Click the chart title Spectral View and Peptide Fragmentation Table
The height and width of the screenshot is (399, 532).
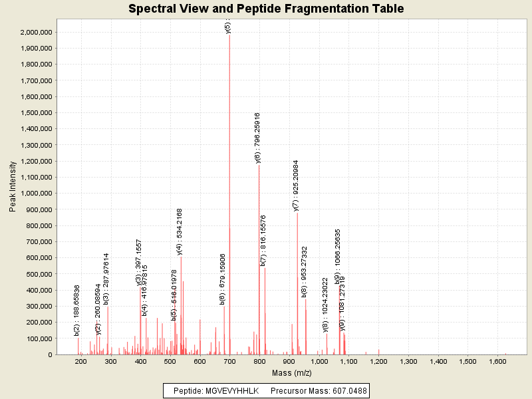[266, 9]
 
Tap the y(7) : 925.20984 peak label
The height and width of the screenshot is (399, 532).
[297, 185]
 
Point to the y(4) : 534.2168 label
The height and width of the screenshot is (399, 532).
[180, 231]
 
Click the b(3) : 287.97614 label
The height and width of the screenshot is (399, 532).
[106, 279]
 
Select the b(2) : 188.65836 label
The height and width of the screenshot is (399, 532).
[77, 310]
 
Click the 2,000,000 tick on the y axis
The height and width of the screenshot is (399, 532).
[37, 32]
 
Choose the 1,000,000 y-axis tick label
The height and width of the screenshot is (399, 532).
[37, 194]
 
